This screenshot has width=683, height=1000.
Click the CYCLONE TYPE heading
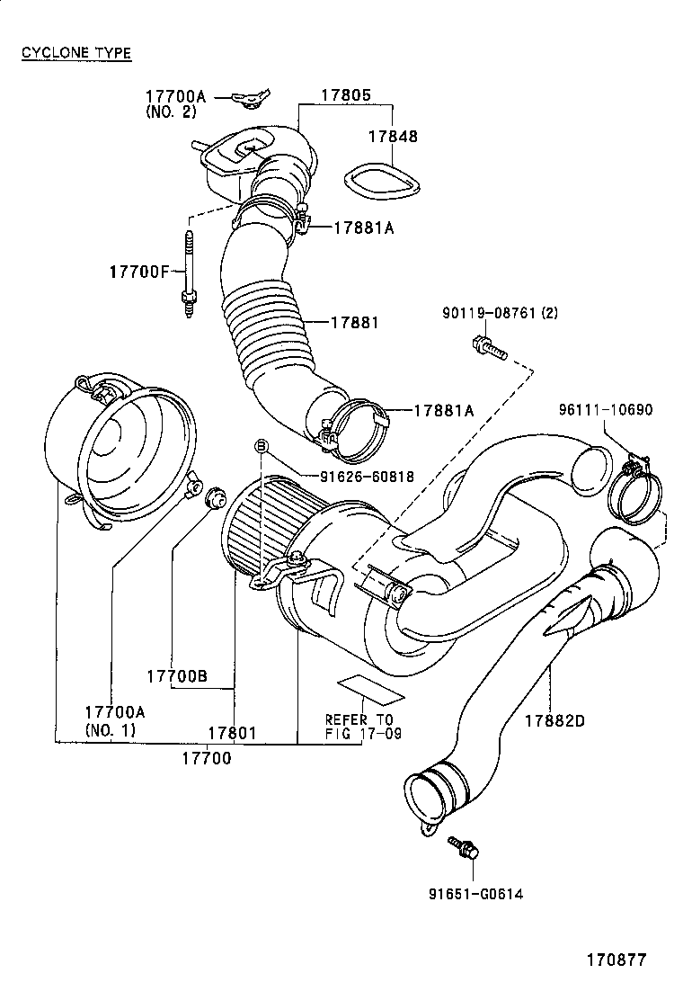point(76,53)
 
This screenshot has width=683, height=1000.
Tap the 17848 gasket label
point(393,137)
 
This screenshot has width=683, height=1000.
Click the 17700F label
point(139,270)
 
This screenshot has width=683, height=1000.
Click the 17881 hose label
point(353,322)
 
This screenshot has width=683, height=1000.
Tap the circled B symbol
point(262,446)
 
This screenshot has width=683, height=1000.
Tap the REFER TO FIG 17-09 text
point(359,726)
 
